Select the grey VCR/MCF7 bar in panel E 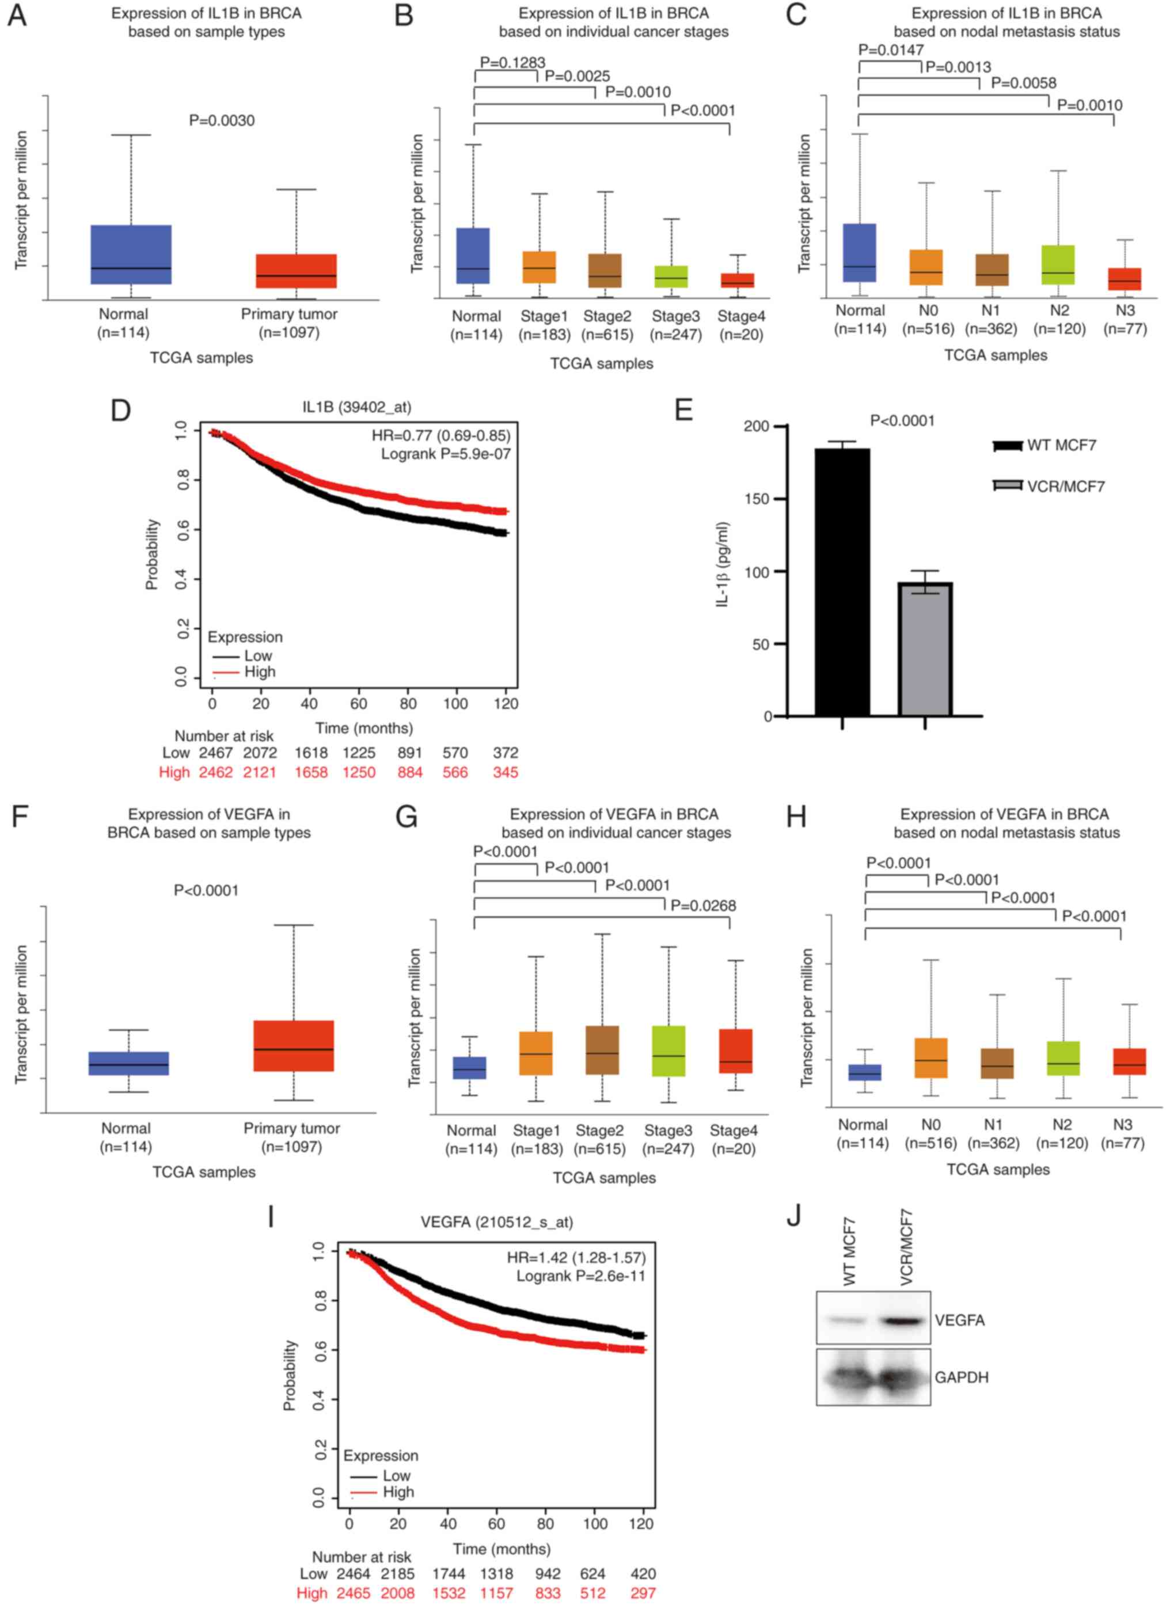click(x=925, y=648)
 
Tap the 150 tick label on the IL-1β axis click(x=757, y=499)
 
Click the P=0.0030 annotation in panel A click(x=221, y=120)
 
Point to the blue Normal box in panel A click(x=131, y=254)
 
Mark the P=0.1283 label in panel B click(x=512, y=62)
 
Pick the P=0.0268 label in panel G click(x=703, y=905)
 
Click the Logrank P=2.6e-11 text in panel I click(x=580, y=1276)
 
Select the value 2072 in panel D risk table click(x=260, y=753)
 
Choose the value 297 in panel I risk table click(x=643, y=1593)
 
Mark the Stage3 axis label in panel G click(x=668, y=1130)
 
